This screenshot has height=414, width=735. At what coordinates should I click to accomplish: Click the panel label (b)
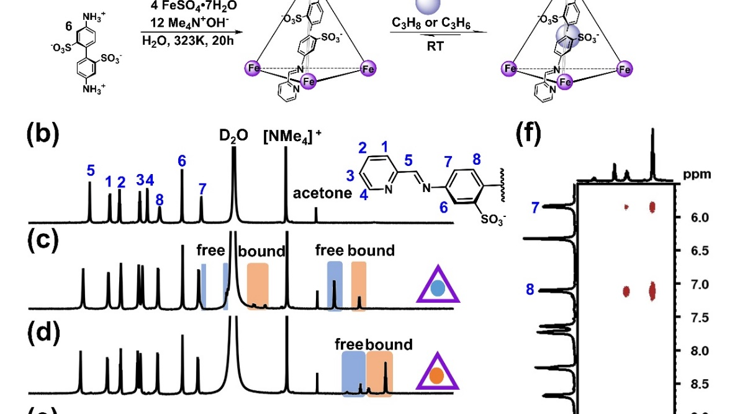[x=43, y=136]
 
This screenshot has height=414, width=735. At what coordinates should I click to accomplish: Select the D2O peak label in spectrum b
[x=233, y=134]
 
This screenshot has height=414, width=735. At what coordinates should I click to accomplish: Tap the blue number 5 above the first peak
[x=91, y=169]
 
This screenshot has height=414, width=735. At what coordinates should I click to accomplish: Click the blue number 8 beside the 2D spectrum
[x=530, y=288]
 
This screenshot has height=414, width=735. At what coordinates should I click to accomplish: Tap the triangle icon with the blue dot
[x=438, y=288]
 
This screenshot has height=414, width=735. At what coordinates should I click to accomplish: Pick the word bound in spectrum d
[x=389, y=344]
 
